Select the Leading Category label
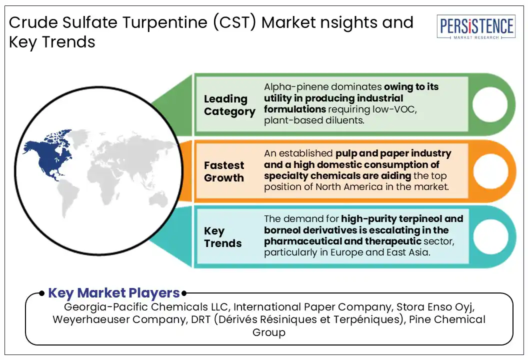coord(229,105)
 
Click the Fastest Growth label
coord(224,171)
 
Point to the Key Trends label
coord(223,237)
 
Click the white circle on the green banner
coord(489,105)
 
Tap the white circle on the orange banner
coord(489,171)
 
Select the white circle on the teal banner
coord(489,237)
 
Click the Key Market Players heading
coord(113,293)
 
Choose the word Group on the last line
coord(268,332)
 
